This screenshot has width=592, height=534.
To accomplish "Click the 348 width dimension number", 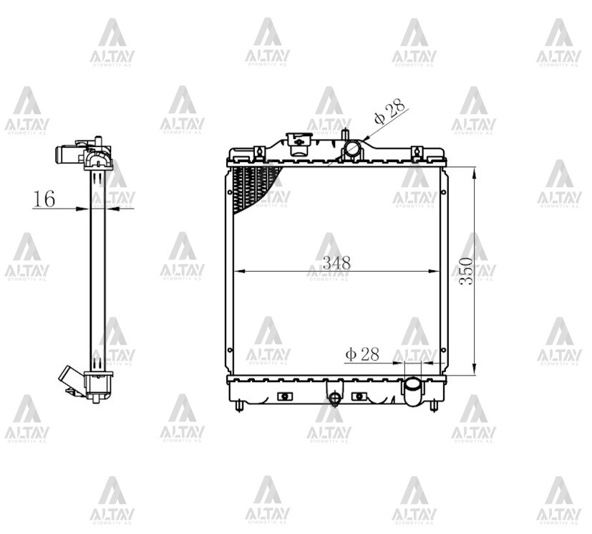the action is tap(336, 262).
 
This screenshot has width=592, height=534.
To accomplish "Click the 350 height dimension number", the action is tap(467, 271).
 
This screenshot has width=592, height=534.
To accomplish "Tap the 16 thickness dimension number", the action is tap(44, 199).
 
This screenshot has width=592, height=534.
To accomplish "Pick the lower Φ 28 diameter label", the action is tap(362, 354).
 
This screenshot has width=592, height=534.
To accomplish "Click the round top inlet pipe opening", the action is tap(354, 148).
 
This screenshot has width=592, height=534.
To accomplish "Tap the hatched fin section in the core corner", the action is tap(253, 187).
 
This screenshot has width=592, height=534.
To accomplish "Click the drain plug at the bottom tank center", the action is tap(334, 397).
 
